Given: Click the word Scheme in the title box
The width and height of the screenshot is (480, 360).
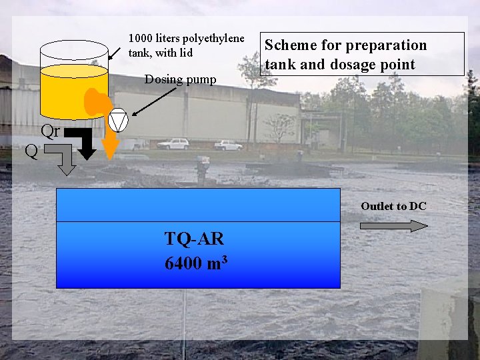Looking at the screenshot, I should (x=291, y=45).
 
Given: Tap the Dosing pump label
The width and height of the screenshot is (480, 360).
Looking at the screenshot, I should (x=180, y=80).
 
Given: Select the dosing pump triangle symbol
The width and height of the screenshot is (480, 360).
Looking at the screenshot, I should (x=119, y=120).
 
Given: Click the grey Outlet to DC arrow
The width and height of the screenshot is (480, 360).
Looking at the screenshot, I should (x=393, y=225).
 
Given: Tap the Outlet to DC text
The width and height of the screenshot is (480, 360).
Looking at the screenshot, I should (x=393, y=206).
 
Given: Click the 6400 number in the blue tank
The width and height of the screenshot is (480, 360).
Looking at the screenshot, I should (x=183, y=263).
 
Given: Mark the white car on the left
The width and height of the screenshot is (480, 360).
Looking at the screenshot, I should (x=173, y=143).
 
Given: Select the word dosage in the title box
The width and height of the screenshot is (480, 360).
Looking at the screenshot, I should (x=341, y=65).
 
